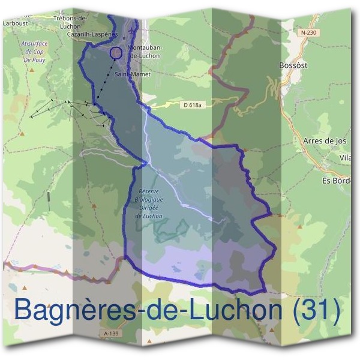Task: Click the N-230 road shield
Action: (308, 32)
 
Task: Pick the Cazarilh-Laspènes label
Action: (92, 35)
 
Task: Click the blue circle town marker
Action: (116, 53)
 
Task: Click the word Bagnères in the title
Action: (70, 310)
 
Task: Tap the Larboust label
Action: (15, 23)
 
